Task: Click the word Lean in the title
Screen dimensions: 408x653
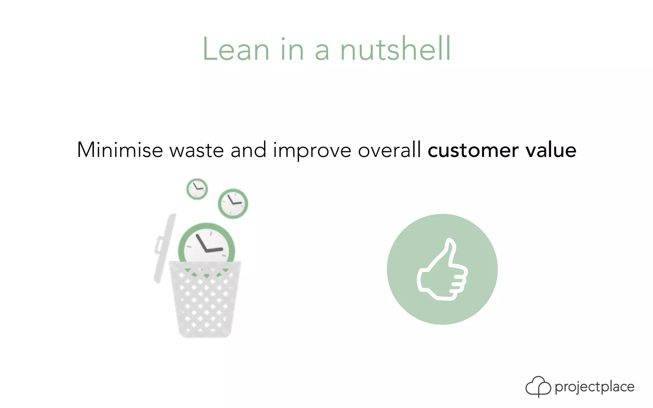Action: coord(236,49)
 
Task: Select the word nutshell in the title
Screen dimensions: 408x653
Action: coord(395,49)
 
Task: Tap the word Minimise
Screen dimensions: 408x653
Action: coord(120,150)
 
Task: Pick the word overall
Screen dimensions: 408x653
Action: coord(389,150)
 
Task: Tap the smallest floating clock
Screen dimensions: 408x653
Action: coord(197,189)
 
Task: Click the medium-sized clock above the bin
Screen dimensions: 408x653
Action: coord(233,204)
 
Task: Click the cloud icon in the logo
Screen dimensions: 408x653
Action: coord(538,386)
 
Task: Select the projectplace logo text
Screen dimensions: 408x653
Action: coord(594,387)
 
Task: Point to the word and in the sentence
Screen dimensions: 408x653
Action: coord(248,150)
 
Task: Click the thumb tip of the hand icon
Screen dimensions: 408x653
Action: coord(450,244)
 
